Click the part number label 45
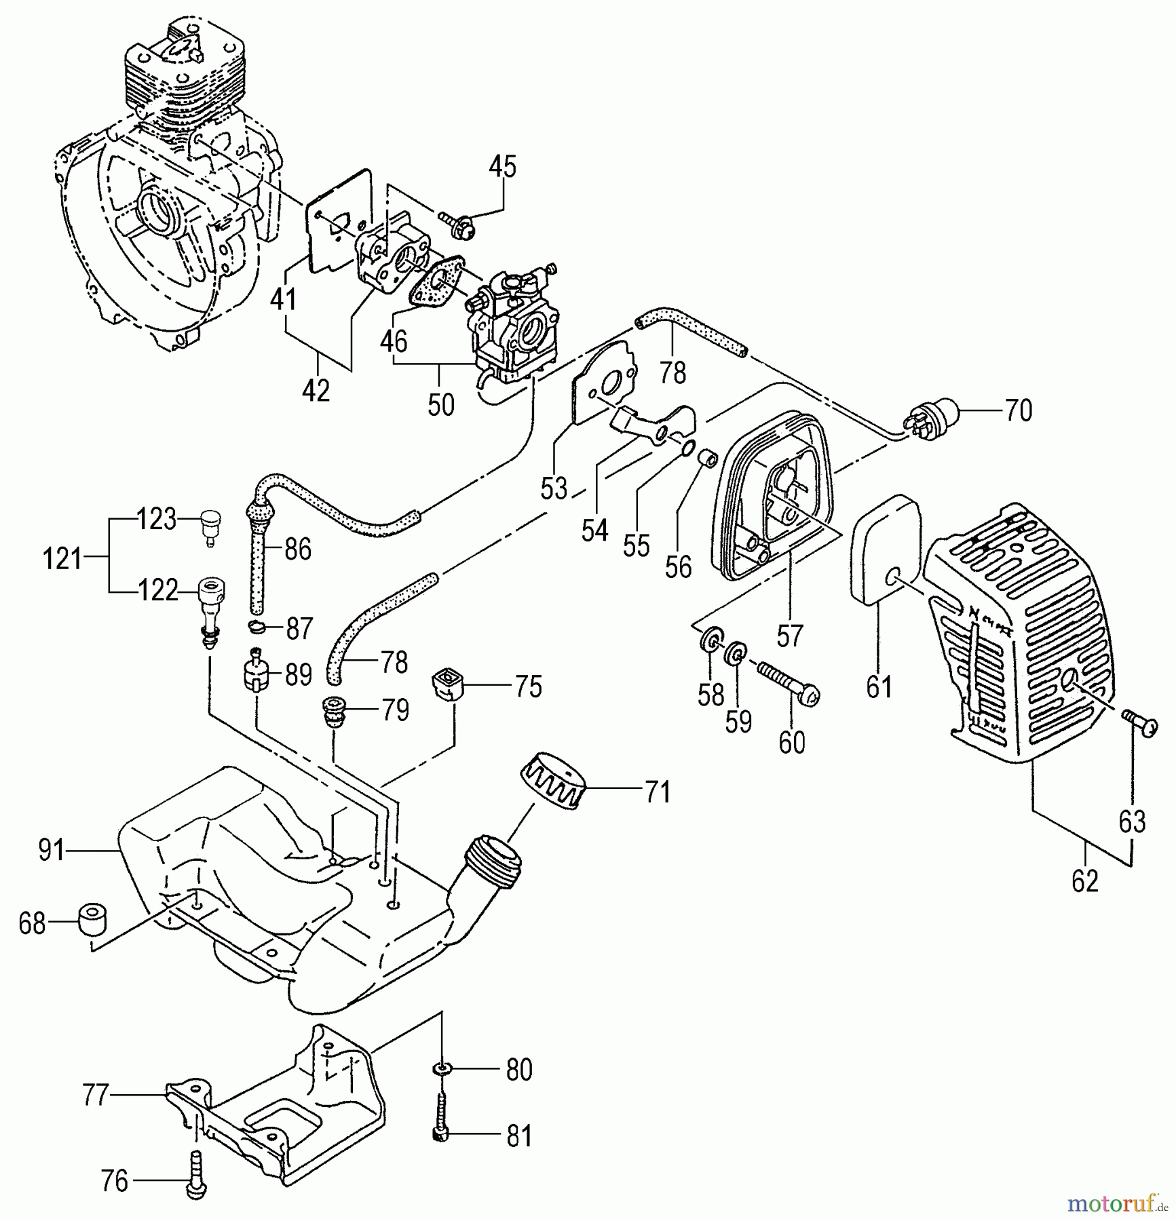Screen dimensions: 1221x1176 point(503,166)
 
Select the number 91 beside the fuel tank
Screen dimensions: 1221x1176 point(52,850)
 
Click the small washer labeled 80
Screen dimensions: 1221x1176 point(442,1070)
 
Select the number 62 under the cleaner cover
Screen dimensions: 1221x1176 point(1084,881)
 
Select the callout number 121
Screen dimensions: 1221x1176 point(62,560)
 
